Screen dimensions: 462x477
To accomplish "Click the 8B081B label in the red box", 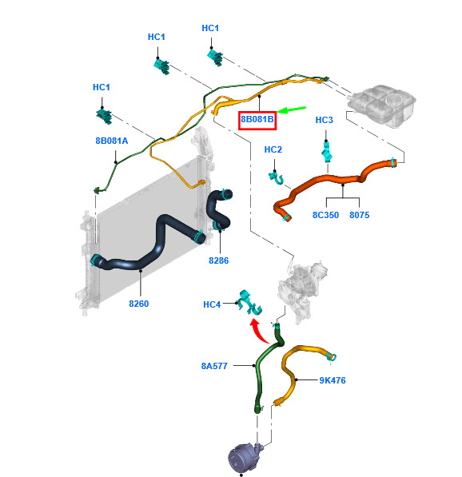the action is pyautogui.click(x=257, y=119).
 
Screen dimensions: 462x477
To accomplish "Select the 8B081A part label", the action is pyautogui.click(x=112, y=141).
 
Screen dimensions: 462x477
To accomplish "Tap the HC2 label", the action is pyautogui.click(x=273, y=149).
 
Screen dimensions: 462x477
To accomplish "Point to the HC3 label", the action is pyautogui.click(x=325, y=120).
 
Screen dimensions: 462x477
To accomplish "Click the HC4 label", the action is pyautogui.click(x=212, y=304).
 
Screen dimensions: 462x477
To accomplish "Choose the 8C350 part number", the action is pyautogui.click(x=325, y=215).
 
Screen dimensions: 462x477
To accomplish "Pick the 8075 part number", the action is pyautogui.click(x=360, y=215).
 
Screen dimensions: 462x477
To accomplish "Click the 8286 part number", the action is pyautogui.click(x=218, y=260).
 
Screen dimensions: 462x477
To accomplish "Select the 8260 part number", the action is pyautogui.click(x=139, y=304).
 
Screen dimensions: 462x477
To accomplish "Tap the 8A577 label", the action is pyautogui.click(x=214, y=366).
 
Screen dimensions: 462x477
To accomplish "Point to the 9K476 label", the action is pyautogui.click(x=333, y=380).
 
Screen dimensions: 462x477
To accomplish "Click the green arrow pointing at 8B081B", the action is pyautogui.click(x=291, y=109).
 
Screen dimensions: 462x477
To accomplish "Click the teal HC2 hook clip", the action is pyautogui.click(x=277, y=178).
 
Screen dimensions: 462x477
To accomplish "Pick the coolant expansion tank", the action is pyautogui.click(x=381, y=105).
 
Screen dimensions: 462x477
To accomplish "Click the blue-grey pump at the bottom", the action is pyautogui.click(x=245, y=459).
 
